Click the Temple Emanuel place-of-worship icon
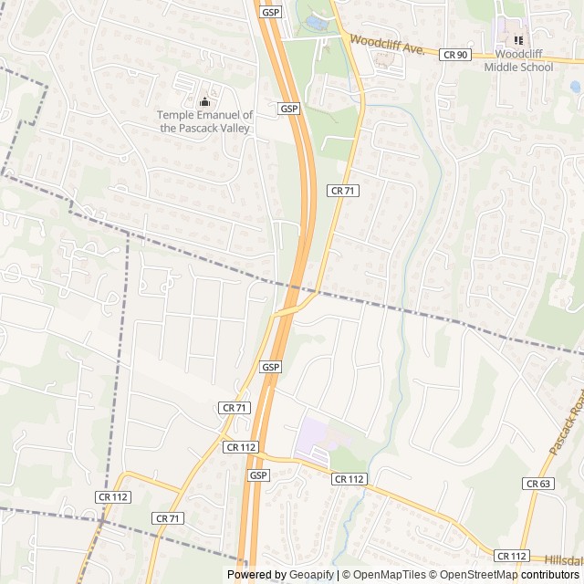[203, 100]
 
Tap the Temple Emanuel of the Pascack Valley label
[204, 121]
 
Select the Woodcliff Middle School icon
[518, 40]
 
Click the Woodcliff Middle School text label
[518, 61]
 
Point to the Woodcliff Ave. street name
[388, 45]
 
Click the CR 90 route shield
[454, 55]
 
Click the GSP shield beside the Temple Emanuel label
[289, 109]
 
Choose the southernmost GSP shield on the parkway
[258, 475]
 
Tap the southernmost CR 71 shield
[168, 517]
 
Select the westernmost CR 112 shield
[113, 496]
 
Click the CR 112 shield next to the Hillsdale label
[512, 556]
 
